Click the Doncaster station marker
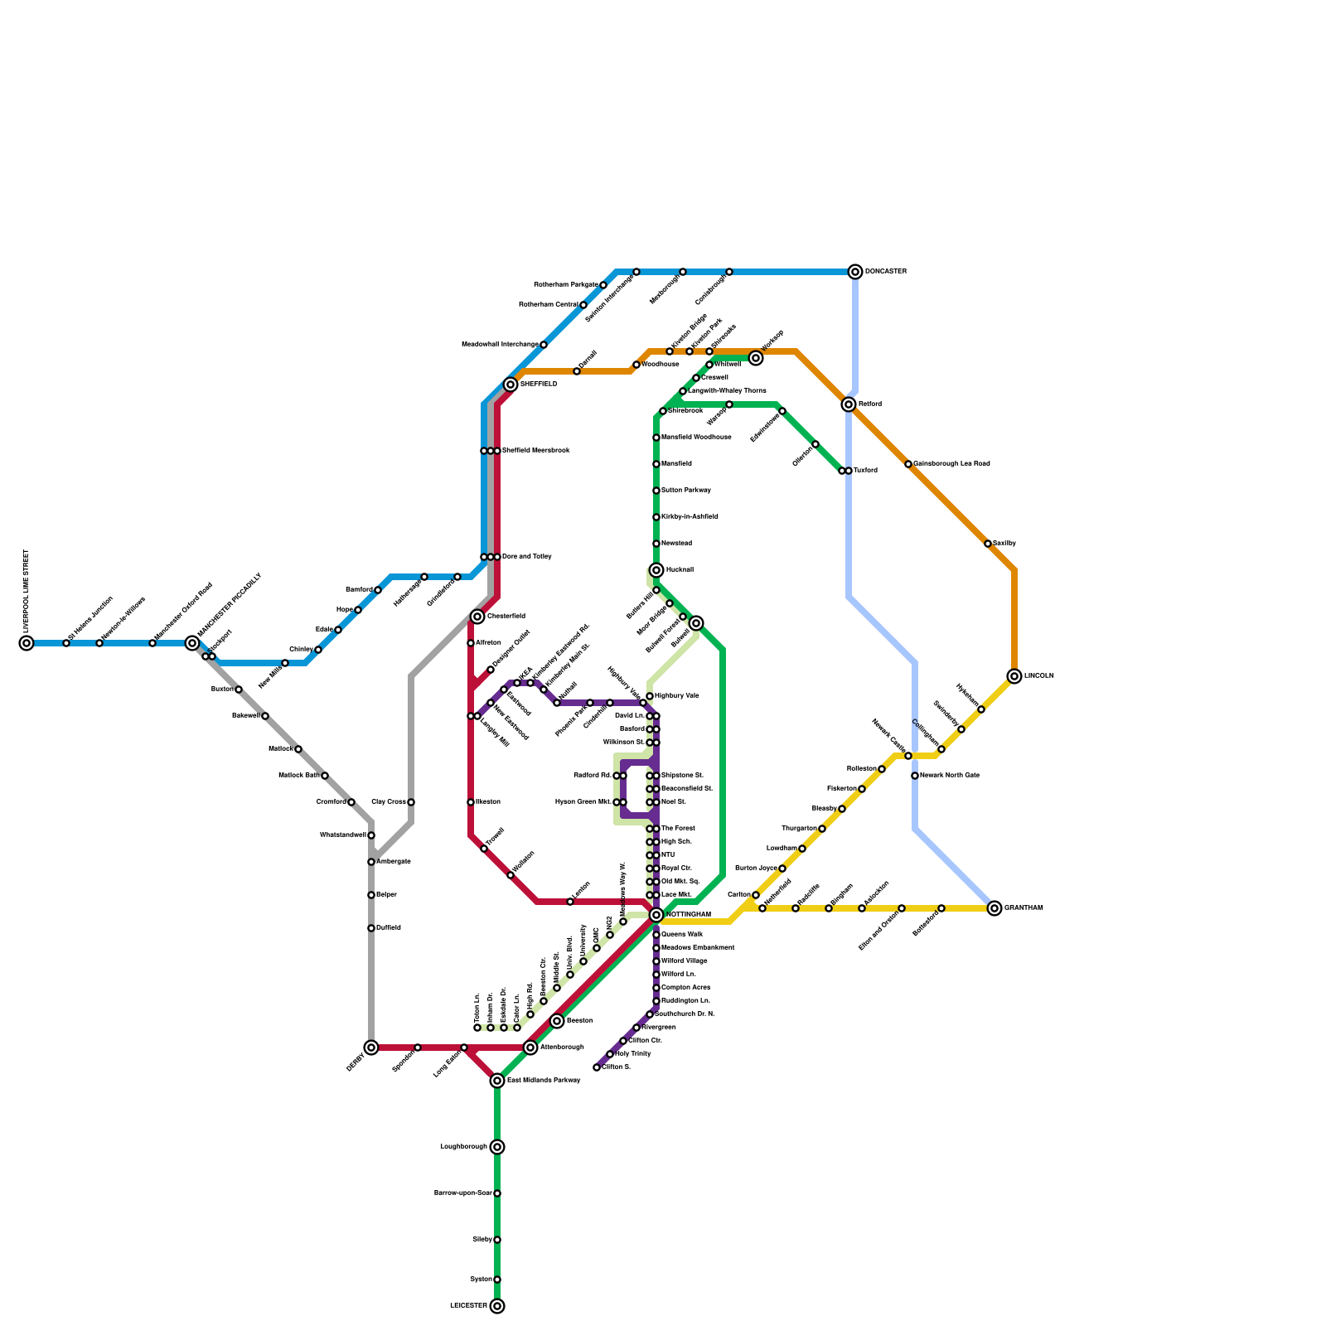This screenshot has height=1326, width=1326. click(855, 272)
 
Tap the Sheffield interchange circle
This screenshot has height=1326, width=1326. click(511, 385)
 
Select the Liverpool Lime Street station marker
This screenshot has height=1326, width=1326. click(27, 643)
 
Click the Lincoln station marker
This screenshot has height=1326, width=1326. click(1014, 676)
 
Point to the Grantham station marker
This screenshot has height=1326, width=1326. click(994, 908)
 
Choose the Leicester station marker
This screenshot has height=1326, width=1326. click(497, 1306)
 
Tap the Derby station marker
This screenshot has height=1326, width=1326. click(371, 1048)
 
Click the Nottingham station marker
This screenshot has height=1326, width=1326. click(656, 915)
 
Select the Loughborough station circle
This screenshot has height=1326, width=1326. click(497, 1147)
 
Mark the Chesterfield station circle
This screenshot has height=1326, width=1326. click(477, 617)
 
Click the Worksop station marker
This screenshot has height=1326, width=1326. click(756, 358)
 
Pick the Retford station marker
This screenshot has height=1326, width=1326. click(849, 404)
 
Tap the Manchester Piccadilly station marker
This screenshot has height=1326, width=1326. click(192, 643)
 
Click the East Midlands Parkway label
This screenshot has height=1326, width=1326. click(543, 1081)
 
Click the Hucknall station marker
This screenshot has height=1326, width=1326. click(656, 570)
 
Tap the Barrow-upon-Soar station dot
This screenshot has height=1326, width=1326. click(497, 1193)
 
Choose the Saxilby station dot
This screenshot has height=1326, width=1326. click(988, 544)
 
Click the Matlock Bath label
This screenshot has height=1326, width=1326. click(299, 776)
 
